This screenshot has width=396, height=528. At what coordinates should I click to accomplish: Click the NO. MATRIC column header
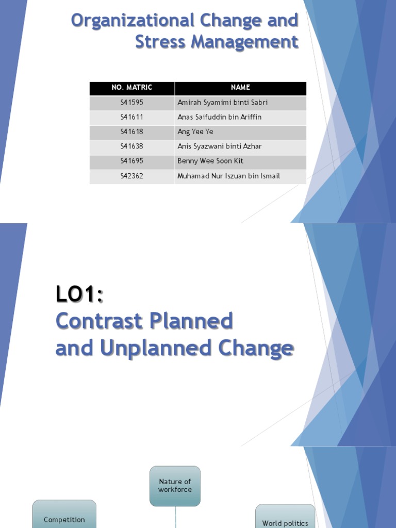[132, 88]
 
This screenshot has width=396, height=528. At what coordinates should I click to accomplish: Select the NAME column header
[240, 88]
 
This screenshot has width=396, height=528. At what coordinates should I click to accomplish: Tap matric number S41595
[132, 103]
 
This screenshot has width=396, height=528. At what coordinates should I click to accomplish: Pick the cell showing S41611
[132, 117]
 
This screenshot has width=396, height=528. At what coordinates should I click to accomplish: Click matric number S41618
[132, 132]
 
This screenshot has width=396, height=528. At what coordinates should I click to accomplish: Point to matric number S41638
[132, 146]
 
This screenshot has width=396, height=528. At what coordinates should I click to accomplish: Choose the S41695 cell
[132, 161]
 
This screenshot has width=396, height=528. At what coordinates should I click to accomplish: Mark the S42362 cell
[132, 176]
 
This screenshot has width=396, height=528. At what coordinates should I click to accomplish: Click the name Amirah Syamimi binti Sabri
[222, 103]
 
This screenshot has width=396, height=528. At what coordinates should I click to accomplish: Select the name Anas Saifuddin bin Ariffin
[219, 117]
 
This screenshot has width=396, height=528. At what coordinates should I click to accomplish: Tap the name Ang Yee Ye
[195, 132]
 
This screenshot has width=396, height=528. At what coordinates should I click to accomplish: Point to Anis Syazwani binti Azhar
[219, 146]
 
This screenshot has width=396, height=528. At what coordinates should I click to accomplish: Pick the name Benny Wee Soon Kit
[210, 161]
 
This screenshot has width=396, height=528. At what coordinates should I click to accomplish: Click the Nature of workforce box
[175, 486]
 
